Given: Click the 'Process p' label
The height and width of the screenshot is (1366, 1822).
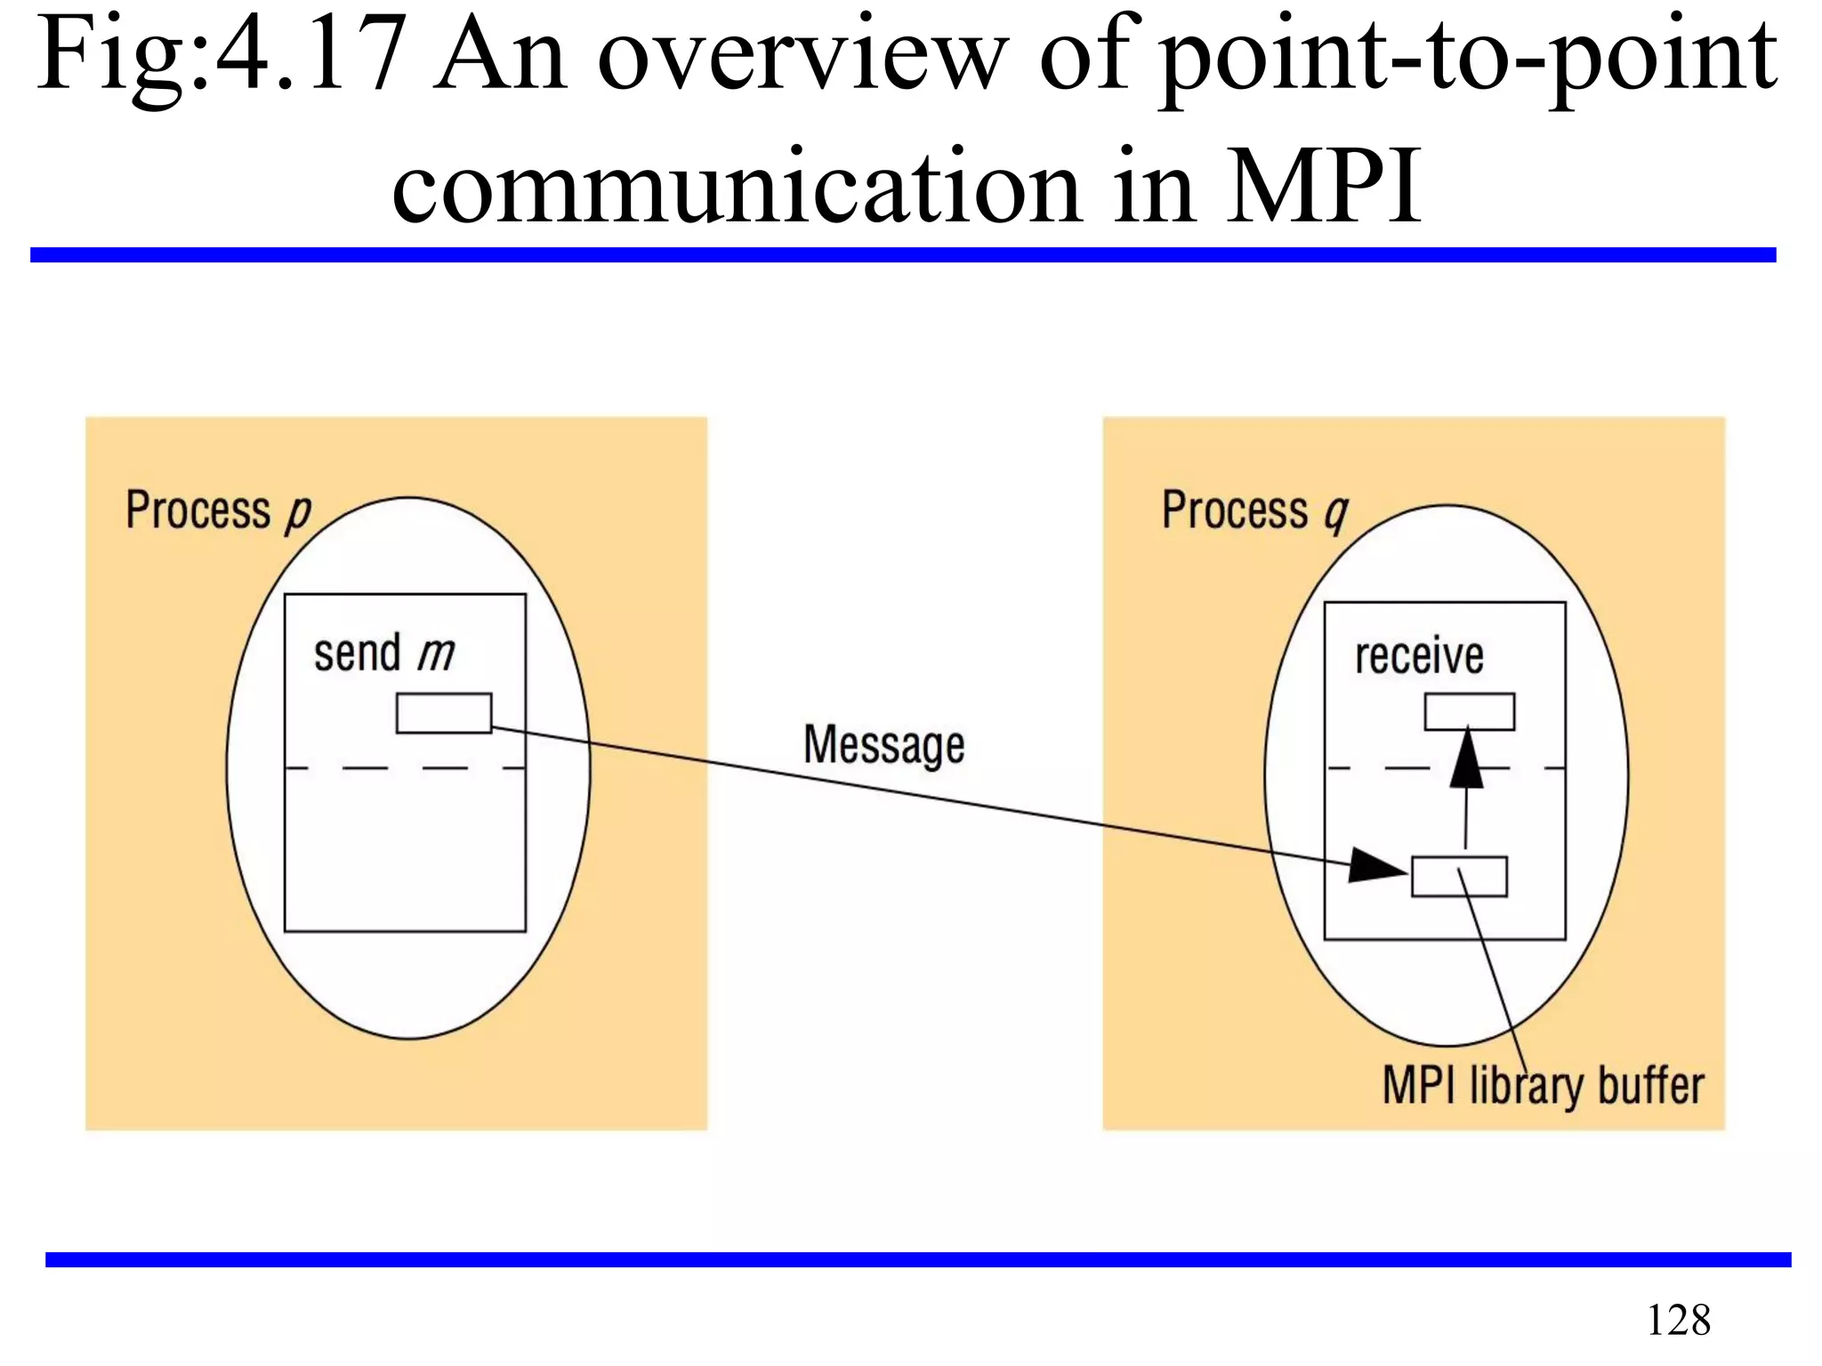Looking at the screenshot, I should (x=218, y=511).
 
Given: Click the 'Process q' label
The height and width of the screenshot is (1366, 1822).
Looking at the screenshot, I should (x=1254, y=511).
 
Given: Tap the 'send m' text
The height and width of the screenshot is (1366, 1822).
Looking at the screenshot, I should (x=383, y=655).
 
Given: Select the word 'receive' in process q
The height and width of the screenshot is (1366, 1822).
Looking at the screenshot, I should (x=1419, y=656).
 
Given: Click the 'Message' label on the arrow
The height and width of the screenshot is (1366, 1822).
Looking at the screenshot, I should (x=883, y=744).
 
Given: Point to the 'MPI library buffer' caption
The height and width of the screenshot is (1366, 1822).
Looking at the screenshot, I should (x=1543, y=1086).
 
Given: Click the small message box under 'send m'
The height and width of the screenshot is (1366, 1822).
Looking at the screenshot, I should (x=443, y=713).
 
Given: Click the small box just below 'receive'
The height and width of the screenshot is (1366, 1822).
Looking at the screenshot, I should (x=1469, y=711).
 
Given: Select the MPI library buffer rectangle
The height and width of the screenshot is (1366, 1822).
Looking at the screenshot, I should (x=1459, y=877).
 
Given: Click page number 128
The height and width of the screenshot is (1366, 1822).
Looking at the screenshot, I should (x=1678, y=1320).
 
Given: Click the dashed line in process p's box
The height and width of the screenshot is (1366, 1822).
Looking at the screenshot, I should (x=405, y=767).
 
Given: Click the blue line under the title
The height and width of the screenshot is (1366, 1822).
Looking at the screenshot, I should (x=902, y=255).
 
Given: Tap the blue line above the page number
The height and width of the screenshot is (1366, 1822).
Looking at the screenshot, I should (x=916, y=1259).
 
